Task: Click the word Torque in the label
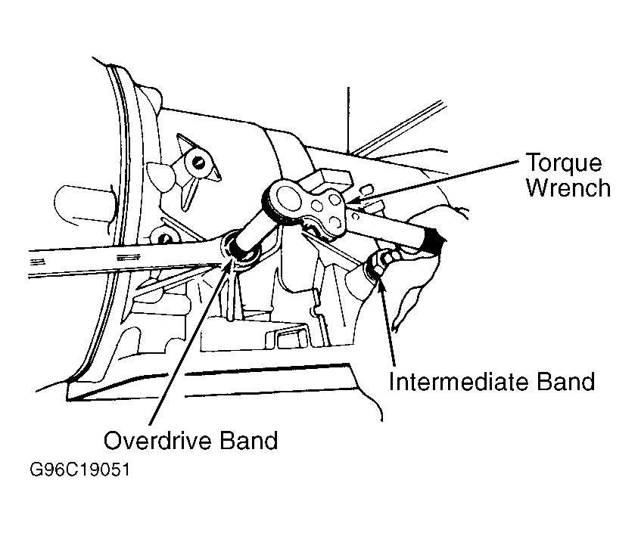tap(564, 164)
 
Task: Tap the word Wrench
tap(568, 187)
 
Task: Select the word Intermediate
tap(459, 381)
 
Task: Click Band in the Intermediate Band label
tap(566, 381)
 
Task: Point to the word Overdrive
tap(158, 440)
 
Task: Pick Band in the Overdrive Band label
tap(248, 440)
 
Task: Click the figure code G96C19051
tap(79, 469)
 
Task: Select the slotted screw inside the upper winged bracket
tap(198, 163)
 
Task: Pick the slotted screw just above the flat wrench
tap(164, 239)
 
